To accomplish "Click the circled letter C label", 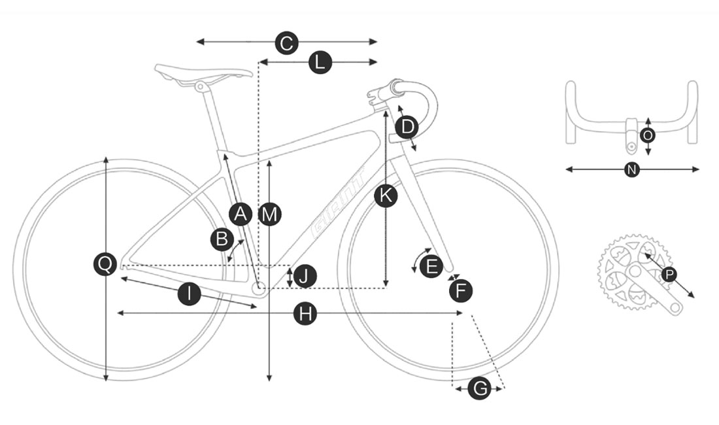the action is (286, 43).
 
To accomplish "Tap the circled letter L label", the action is (320, 62).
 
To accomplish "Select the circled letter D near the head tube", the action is (407, 127).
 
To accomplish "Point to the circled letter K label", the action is (386, 196).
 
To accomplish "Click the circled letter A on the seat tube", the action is (241, 214).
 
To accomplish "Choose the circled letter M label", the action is (269, 214).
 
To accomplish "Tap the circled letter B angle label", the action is (222, 239).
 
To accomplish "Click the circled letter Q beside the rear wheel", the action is (105, 264).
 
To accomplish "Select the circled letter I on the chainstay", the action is (190, 294).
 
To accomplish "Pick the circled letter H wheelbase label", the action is (305, 314).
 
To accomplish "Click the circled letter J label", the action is (305, 277).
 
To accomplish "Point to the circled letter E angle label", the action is (431, 266).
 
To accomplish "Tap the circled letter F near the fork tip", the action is (461, 291).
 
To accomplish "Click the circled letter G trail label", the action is (480, 389).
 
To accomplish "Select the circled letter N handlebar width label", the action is (632, 170).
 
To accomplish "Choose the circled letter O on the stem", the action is (648, 136).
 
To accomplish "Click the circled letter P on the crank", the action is (669, 275).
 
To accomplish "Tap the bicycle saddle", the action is (203, 73).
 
